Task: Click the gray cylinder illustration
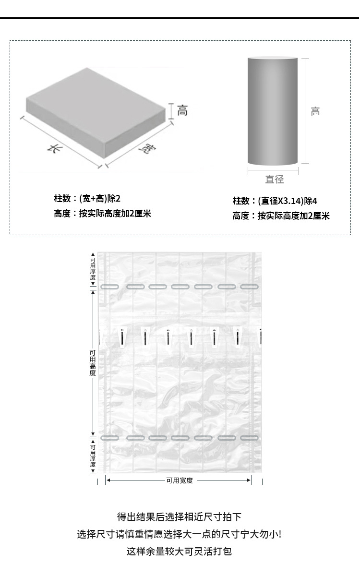click(x=273, y=110)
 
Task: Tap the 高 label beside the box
click(x=182, y=111)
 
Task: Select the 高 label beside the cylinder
click(x=315, y=112)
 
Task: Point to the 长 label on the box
click(x=51, y=148)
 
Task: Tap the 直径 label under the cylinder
click(x=275, y=179)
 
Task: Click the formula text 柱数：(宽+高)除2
click(x=87, y=198)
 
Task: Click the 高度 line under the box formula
click(x=102, y=214)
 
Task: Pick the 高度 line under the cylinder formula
click(x=281, y=216)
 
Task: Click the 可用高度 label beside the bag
click(x=93, y=362)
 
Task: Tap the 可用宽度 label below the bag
click(x=180, y=480)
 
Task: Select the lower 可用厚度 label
click(x=93, y=456)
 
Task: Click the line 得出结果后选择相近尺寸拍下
click(x=180, y=517)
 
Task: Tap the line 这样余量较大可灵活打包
click(x=180, y=551)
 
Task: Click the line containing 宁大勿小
click(x=180, y=534)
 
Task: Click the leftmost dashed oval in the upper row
click(x=109, y=287)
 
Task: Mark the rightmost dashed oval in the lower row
click(x=249, y=438)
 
